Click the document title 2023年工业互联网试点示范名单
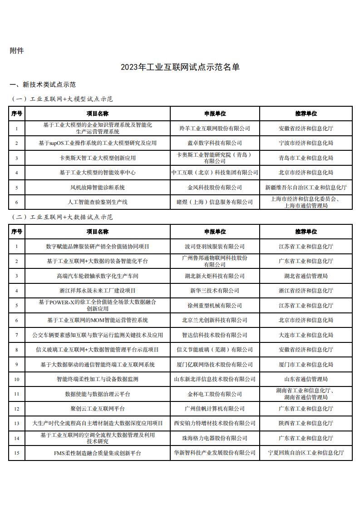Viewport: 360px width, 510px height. click(x=180, y=68)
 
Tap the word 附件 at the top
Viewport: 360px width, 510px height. click(x=17, y=51)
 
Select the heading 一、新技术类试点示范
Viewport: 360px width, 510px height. click(x=43, y=85)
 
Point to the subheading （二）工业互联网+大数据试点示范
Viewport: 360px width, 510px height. click(x=62, y=217)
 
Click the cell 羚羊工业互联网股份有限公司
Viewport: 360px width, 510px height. click(x=215, y=129)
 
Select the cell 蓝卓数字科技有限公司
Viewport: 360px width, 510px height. click(x=215, y=143)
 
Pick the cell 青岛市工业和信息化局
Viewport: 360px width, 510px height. click(x=306, y=158)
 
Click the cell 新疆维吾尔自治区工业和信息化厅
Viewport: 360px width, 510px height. click(x=306, y=187)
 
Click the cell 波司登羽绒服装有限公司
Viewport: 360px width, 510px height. click(x=215, y=247)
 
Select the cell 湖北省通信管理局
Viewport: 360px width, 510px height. click(x=306, y=276)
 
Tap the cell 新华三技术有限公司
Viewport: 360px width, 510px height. click(x=215, y=291)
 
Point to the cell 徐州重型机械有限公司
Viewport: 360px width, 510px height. click(x=215, y=306)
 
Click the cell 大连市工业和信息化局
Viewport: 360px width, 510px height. click(x=306, y=335)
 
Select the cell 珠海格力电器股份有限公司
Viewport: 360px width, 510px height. click(x=215, y=438)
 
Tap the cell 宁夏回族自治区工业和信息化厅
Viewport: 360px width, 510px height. click(x=306, y=453)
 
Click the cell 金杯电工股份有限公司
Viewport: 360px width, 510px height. click(x=215, y=394)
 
